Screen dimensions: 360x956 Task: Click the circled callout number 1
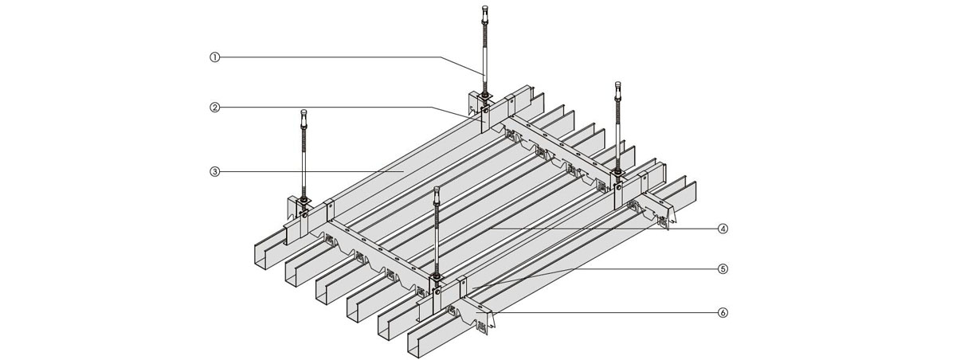pyautogui.click(x=214, y=57)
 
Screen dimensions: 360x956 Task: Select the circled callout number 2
pyautogui.click(x=214, y=107)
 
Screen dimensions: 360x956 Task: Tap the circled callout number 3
pyautogui.click(x=214, y=170)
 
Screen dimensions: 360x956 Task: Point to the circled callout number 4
pyautogui.click(x=723, y=228)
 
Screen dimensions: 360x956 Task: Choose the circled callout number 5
pyautogui.click(x=723, y=268)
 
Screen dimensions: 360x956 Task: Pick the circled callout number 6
pyautogui.click(x=723, y=312)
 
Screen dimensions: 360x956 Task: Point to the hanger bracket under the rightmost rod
pyautogui.click(x=617, y=188)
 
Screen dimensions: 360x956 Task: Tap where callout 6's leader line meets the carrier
pyautogui.click(x=493, y=312)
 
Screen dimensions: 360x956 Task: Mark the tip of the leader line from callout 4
pyautogui.click(x=486, y=229)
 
